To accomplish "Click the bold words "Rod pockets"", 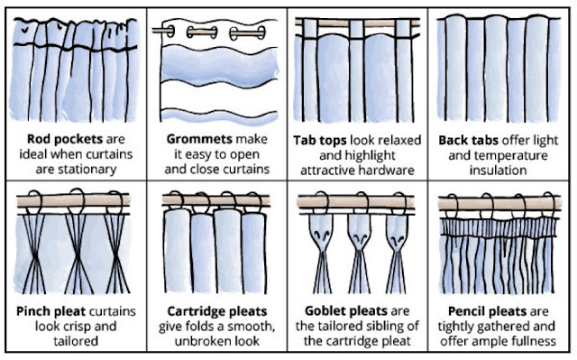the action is pyautogui.click(x=65, y=140).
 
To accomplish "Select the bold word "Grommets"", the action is pyautogui.click(x=199, y=139).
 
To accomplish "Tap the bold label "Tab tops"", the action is pyautogui.click(x=320, y=141).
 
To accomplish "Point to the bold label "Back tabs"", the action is pyautogui.click(x=469, y=140).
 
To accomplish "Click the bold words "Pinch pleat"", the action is pyautogui.click(x=51, y=311).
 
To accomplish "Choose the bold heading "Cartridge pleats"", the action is pyautogui.click(x=217, y=311).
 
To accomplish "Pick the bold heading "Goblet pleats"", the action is pyautogui.click(x=343, y=311).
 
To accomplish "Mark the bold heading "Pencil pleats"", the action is pyautogui.click(x=487, y=311).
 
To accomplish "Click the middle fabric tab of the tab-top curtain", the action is pyautogui.click(x=357, y=29).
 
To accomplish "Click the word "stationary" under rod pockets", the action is pyautogui.click(x=76, y=170).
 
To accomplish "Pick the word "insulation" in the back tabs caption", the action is pyautogui.click(x=498, y=171).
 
